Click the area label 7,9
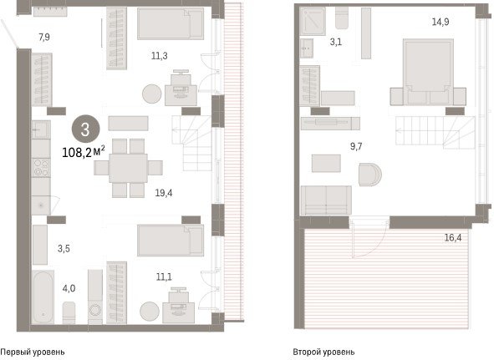(x=44, y=38)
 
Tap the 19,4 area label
(x=164, y=193)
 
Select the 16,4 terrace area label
(x=453, y=237)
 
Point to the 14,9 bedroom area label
(x=441, y=22)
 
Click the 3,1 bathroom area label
(x=336, y=42)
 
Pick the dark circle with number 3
(x=86, y=129)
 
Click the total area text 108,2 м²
(x=84, y=153)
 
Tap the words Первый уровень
(x=33, y=352)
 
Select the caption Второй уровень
(x=323, y=352)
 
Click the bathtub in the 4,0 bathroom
(x=43, y=297)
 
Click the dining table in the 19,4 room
(x=128, y=168)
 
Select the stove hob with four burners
(x=41, y=167)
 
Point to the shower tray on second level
(x=313, y=21)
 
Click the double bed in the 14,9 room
(x=428, y=72)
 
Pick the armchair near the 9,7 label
(x=369, y=175)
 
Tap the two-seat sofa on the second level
(x=326, y=200)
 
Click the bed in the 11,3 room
(x=171, y=23)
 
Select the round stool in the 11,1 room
(x=150, y=312)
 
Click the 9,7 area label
(x=356, y=146)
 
